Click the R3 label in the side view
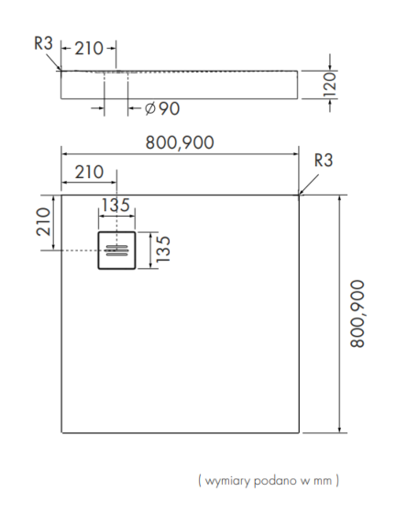[44, 43]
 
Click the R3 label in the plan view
[324, 160]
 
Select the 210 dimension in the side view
[89, 49]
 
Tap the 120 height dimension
[330, 84]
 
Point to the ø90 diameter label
[162, 108]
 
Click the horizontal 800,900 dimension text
[180, 142]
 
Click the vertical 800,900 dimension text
[357, 313]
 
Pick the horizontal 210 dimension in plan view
[89, 173]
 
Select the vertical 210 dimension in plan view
[44, 221]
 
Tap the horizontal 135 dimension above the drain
[115, 206]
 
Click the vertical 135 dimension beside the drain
[163, 249]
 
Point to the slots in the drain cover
[116, 250]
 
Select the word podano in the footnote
[275, 480]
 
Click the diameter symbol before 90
[150, 108]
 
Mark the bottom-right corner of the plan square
[299, 432]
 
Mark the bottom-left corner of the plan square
[61, 432]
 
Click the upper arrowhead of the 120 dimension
[330, 66]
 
